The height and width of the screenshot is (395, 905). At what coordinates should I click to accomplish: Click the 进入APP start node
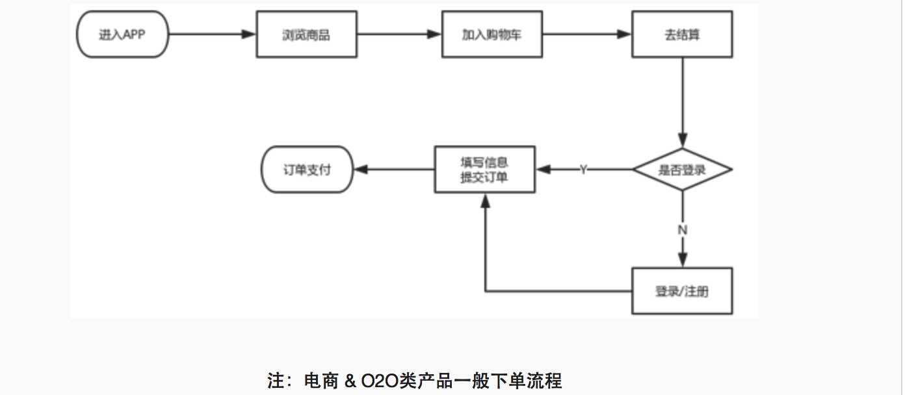[122, 34]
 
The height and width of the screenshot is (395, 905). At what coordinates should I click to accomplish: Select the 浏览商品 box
[306, 34]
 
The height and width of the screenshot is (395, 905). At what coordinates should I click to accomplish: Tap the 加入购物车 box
[492, 34]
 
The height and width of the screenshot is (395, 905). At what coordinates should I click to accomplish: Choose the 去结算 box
[682, 34]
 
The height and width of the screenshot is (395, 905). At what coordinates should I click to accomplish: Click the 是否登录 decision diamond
[682, 170]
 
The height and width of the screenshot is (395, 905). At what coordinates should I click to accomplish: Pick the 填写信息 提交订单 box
[484, 170]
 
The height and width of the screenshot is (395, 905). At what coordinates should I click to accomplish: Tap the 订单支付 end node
[307, 170]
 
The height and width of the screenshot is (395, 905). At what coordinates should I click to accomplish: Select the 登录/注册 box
[682, 291]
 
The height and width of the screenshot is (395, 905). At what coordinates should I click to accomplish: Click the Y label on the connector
[583, 170]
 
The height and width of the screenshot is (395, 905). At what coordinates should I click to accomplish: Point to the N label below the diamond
[683, 230]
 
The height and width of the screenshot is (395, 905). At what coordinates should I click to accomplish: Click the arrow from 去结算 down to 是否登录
[682, 101]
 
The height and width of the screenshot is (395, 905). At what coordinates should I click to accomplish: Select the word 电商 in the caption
[321, 381]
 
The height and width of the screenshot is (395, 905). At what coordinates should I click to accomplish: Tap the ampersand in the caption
[350, 381]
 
